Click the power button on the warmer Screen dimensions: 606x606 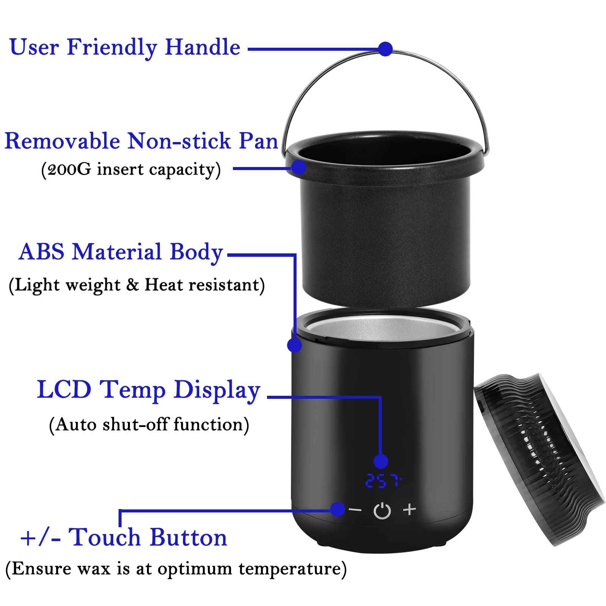pyautogui.click(x=382, y=511)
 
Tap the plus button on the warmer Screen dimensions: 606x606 pyautogui.click(x=409, y=509)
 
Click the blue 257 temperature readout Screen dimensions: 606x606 pyautogui.click(x=383, y=481)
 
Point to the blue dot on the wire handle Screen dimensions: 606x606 pyautogui.click(x=385, y=49)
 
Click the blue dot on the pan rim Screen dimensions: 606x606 pyautogui.click(x=299, y=167)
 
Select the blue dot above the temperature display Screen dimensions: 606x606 pyautogui.click(x=381, y=461)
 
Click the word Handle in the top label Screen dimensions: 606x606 pyautogui.click(x=203, y=48)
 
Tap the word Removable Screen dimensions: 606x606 pyautogui.click(x=62, y=141)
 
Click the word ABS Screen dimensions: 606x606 pyautogui.click(x=42, y=252)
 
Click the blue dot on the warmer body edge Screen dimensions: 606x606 pyautogui.click(x=294, y=345)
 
